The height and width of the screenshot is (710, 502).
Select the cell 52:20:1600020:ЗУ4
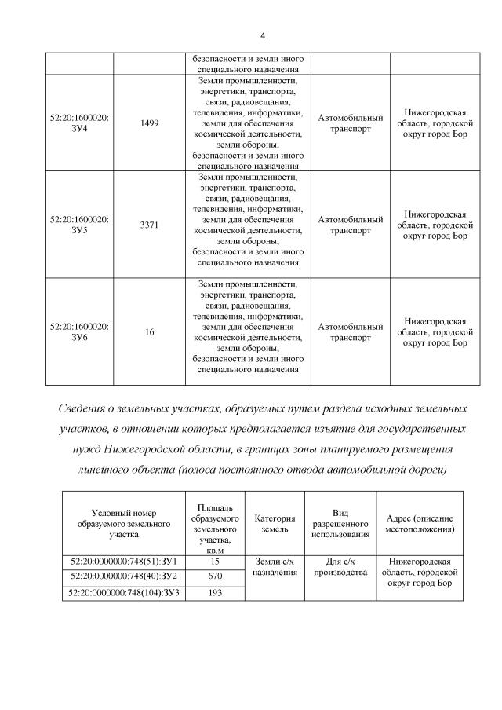pyautogui.click(x=79, y=122)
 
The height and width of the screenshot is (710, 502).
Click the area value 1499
pyautogui.click(x=149, y=123)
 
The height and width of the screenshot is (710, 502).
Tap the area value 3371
pyautogui.click(x=149, y=225)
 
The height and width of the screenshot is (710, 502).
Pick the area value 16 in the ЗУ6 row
pyautogui.click(x=149, y=332)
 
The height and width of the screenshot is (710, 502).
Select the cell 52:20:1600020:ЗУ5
pyautogui.click(x=79, y=225)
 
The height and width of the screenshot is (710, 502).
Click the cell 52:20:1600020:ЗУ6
pyautogui.click(x=79, y=331)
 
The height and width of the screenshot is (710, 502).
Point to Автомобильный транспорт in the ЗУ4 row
pyautogui.click(x=350, y=123)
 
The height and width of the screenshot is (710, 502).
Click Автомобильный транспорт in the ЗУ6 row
pyautogui.click(x=350, y=331)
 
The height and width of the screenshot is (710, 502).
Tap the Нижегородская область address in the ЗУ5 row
pyautogui.click(x=438, y=225)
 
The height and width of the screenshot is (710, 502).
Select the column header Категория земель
pyautogui.click(x=274, y=524)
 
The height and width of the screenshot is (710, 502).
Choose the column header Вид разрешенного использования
pyautogui.click(x=340, y=523)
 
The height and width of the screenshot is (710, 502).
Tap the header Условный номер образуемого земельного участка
pyautogui.click(x=123, y=523)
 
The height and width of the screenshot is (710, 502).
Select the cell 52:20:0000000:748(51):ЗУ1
pyautogui.click(x=123, y=562)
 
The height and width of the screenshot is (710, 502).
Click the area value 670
pyautogui.click(x=215, y=576)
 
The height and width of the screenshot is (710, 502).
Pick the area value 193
pyautogui.click(x=215, y=592)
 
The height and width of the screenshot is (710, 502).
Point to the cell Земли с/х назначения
pyautogui.click(x=274, y=567)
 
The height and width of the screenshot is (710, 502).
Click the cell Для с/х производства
pyautogui.click(x=340, y=567)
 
